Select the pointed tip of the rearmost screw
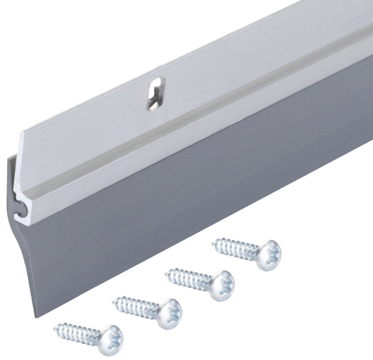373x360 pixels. click(x=215, y=242)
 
